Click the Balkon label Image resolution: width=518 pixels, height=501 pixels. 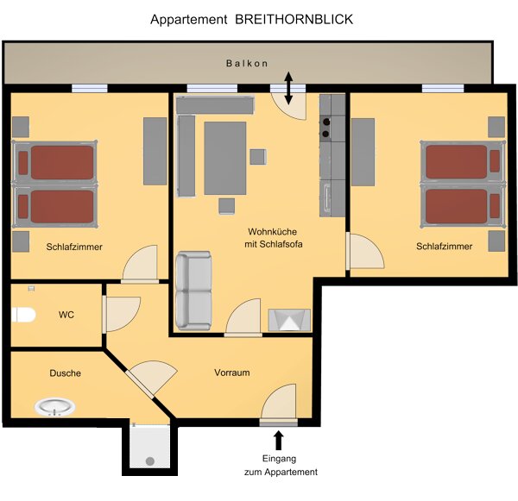pyautogui.click(x=247, y=63)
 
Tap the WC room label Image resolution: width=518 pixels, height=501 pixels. pyautogui.click(x=66, y=315)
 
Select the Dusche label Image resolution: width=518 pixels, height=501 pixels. pyautogui.click(x=65, y=373)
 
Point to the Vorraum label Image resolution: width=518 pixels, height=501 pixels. pyautogui.click(x=232, y=373)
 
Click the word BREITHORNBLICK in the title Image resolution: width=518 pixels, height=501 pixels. pyautogui.click(x=294, y=20)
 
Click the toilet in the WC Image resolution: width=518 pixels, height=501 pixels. pyautogui.click(x=23, y=315)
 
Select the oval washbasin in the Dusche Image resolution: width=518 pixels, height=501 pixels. pyautogui.click(x=54, y=407)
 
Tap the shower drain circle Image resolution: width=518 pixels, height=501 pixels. pyautogui.click(x=150, y=460)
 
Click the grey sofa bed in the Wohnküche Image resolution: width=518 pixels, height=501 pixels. pyautogui.click(x=193, y=291)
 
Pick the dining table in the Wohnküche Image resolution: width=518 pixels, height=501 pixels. pyautogui.click(x=225, y=159)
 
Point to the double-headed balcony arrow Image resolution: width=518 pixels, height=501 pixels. pyautogui.click(x=288, y=88)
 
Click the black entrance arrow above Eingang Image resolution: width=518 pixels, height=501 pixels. pyautogui.click(x=279, y=440)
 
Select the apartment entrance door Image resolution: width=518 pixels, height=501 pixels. pyautogui.click(x=278, y=404)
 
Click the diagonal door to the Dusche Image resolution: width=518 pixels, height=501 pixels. pyautogui.click(x=150, y=379)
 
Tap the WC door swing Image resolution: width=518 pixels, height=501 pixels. pyautogui.click(x=121, y=314)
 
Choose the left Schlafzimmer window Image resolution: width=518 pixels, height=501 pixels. pyautogui.click(x=90, y=89)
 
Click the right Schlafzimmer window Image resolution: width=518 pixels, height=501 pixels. pyautogui.click(x=443, y=89)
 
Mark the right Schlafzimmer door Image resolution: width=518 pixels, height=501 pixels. pyautogui.click(x=364, y=251)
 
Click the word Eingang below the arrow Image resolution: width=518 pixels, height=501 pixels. pyautogui.click(x=279, y=459)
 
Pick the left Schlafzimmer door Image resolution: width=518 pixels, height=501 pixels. pyautogui.click(x=140, y=264)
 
